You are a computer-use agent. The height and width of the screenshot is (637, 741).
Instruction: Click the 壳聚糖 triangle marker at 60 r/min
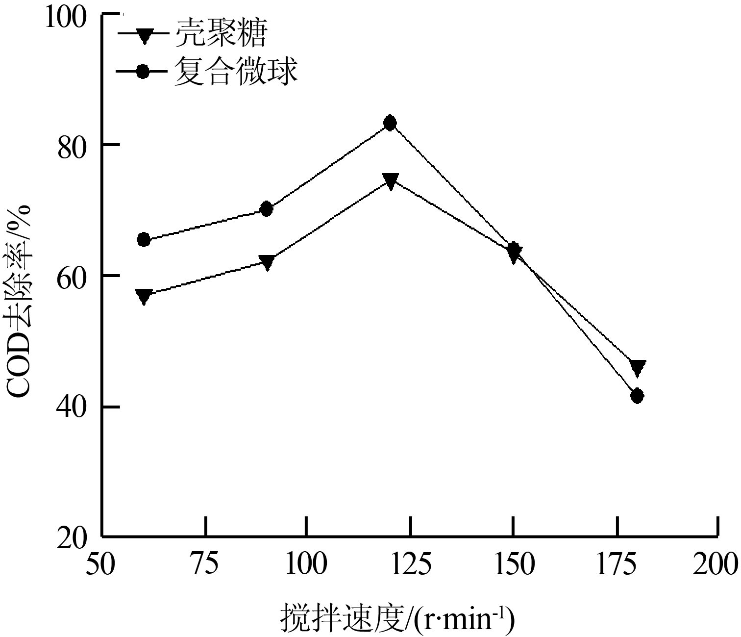[144, 296]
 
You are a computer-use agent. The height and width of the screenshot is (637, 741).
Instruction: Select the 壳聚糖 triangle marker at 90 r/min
[267, 262]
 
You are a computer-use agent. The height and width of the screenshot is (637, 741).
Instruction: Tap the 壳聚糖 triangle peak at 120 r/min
[390, 181]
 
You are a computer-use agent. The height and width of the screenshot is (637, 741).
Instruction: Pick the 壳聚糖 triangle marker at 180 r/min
[638, 367]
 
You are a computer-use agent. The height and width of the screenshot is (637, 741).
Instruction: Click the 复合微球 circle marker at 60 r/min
[144, 240]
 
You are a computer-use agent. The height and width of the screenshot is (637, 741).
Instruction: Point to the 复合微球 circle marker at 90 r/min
[267, 209]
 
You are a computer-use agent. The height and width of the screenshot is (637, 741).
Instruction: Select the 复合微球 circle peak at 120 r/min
[390, 123]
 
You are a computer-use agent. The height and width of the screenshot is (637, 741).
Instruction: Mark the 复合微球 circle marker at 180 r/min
[637, 396]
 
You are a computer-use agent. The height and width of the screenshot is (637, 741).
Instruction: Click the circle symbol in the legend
[143, 72]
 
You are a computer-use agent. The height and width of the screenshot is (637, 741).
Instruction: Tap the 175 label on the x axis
[616, 564]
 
